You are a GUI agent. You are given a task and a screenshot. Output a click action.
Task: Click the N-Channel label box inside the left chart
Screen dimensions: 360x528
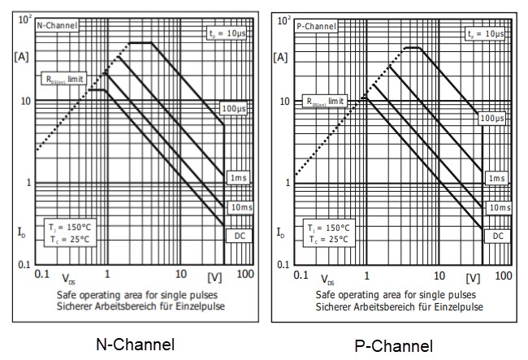[x=58, y=25]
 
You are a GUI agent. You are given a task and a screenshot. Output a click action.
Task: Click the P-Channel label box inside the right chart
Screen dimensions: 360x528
[x=316, y=25]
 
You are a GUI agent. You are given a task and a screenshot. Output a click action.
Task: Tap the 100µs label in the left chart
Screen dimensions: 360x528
[x=234, y=108]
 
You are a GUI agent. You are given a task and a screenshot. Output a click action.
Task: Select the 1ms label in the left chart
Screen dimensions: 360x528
[x=238, y=177]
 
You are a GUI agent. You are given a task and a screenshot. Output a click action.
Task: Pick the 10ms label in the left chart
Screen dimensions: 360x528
[x=239, y=207]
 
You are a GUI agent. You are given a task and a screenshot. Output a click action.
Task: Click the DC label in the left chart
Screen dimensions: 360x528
[x=239, y=235]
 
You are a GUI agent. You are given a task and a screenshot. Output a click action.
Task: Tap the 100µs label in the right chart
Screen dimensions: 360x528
[x=492, y=118]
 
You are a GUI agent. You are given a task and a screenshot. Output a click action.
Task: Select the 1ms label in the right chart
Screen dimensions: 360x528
[x=496, y=178]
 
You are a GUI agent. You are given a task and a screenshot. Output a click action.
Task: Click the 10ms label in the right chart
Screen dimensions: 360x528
[x=497, y=207]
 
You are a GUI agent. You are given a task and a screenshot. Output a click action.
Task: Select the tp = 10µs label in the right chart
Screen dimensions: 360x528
[x=486, y=33]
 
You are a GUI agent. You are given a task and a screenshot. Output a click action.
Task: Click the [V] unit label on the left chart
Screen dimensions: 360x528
[x=214, y=277]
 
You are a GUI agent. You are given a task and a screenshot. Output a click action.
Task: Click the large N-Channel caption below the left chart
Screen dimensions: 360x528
[x=136, y=343]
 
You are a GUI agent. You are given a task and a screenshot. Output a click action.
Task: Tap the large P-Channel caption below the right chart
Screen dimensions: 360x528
[x=394, y=346]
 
